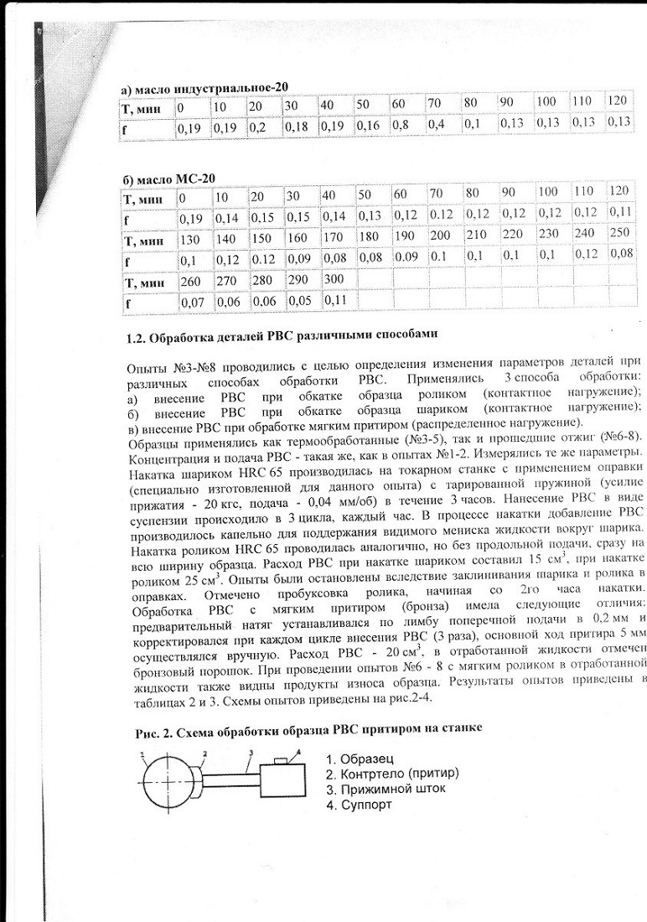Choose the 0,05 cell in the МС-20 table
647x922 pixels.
[299, 299]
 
